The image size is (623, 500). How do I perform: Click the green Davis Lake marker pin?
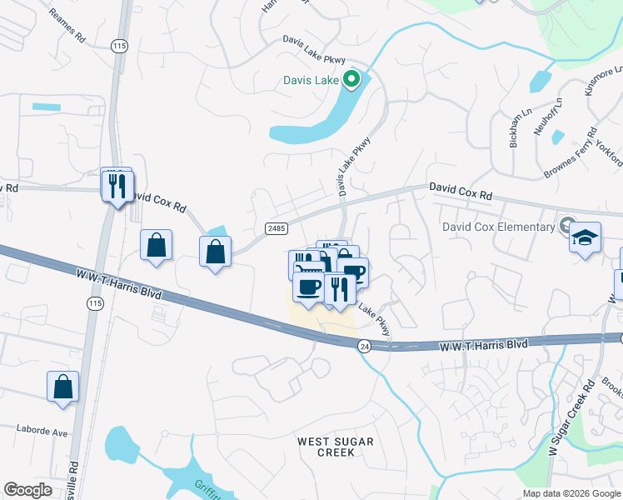[351, 80]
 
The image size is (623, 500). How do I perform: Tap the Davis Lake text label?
[309, 81]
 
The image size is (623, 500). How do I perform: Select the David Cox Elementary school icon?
[567, 226]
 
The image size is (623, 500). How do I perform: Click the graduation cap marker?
[586, 240]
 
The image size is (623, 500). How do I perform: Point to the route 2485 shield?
[277, 227]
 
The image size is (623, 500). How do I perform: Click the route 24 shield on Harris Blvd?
[364, 345]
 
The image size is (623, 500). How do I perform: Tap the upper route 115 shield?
[121, 47]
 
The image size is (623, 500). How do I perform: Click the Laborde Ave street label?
[42, 432]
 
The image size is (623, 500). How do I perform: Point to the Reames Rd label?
[67, 26]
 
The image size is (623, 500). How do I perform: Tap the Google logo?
[27, 490]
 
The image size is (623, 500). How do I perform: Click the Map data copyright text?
[571, 493]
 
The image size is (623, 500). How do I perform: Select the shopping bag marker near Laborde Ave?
[63, 387]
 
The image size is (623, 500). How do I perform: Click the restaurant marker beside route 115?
[117, 185]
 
